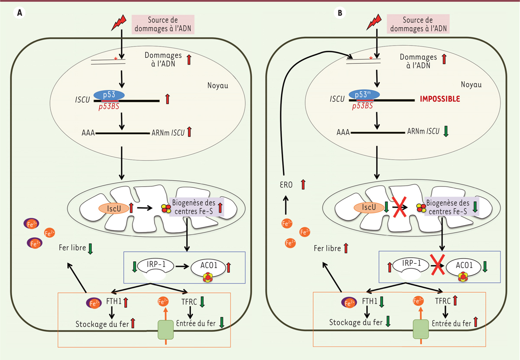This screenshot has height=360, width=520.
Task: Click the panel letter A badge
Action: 19,13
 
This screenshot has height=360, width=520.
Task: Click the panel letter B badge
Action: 340,13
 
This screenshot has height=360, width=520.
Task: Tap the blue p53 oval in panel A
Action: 107,95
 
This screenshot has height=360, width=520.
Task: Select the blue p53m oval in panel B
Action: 362,95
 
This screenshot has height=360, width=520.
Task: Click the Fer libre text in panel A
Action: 71,249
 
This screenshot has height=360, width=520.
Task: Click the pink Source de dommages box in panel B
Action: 417,24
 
